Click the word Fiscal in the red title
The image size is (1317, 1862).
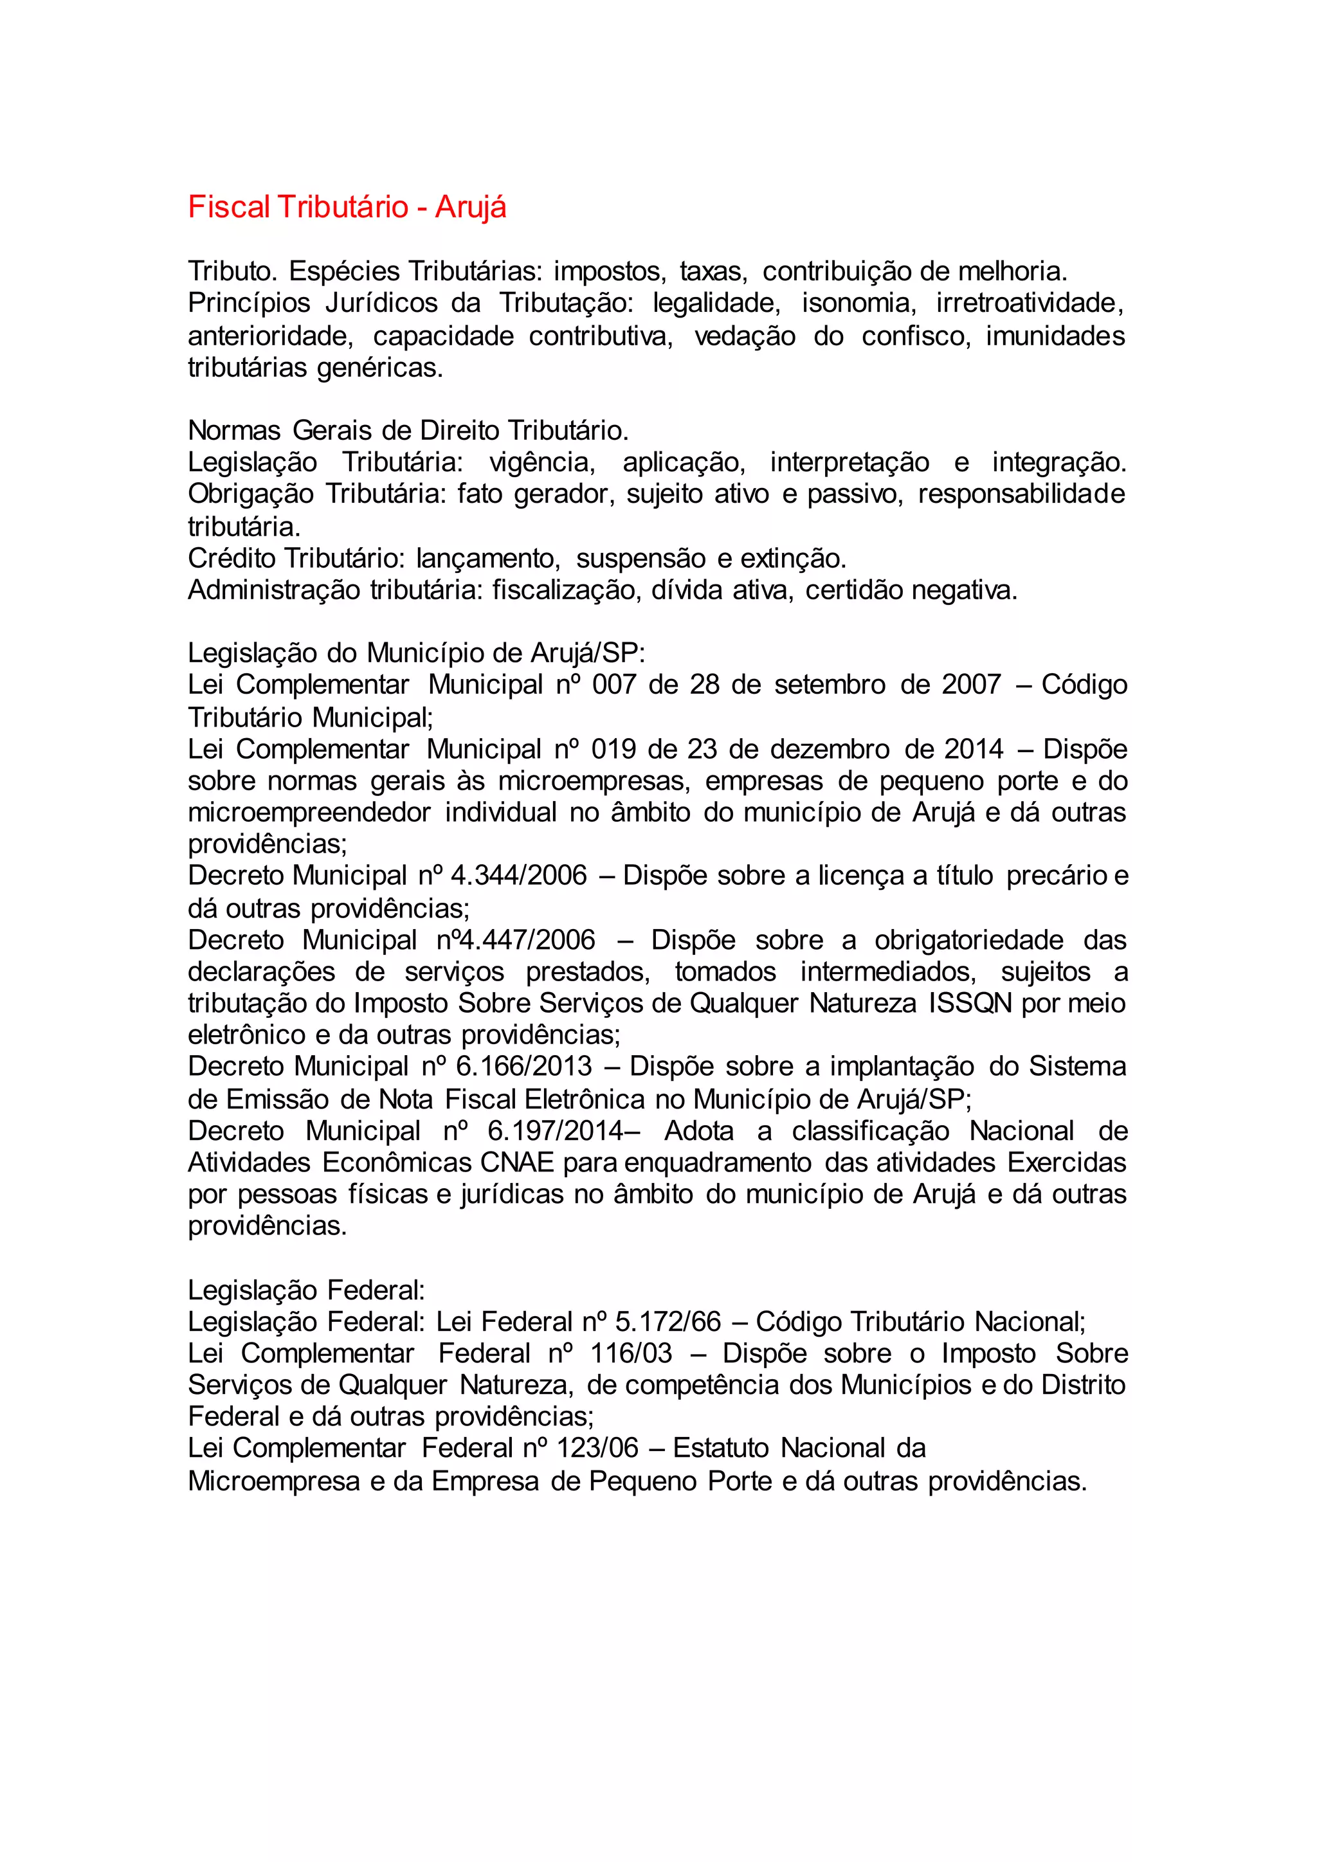pyautogui.click(x=229, y=208)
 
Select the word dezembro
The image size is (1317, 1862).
pyautogui.click(x=826, y=748)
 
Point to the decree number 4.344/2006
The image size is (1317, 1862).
pyautogui.click(x=518, y=876)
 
